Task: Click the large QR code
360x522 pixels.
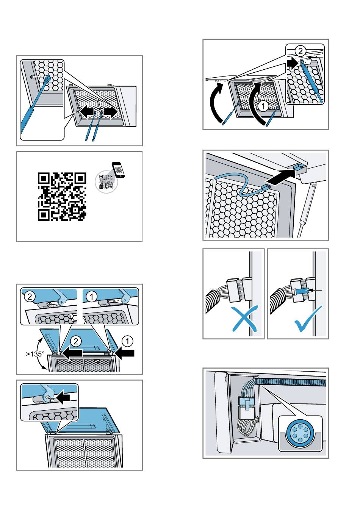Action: (x=62, y=197)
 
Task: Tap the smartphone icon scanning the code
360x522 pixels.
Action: (x=119, y=170)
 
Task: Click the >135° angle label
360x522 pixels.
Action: (x=35, y=354)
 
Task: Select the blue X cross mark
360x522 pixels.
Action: (x=244, y=319)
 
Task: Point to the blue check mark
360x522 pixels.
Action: (x=308, y=319)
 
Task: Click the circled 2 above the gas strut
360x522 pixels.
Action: (x=300, y=51)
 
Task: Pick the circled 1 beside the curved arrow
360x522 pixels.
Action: (x=263, y=106)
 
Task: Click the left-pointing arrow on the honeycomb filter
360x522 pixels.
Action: (x=87, y=113)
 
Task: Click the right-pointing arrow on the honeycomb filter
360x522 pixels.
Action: (x=111, y=113)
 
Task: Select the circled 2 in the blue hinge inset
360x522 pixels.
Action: (x=30, y=297)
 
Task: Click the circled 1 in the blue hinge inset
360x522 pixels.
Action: (x=92, y=297)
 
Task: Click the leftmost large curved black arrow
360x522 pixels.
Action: (x=216, y=103)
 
